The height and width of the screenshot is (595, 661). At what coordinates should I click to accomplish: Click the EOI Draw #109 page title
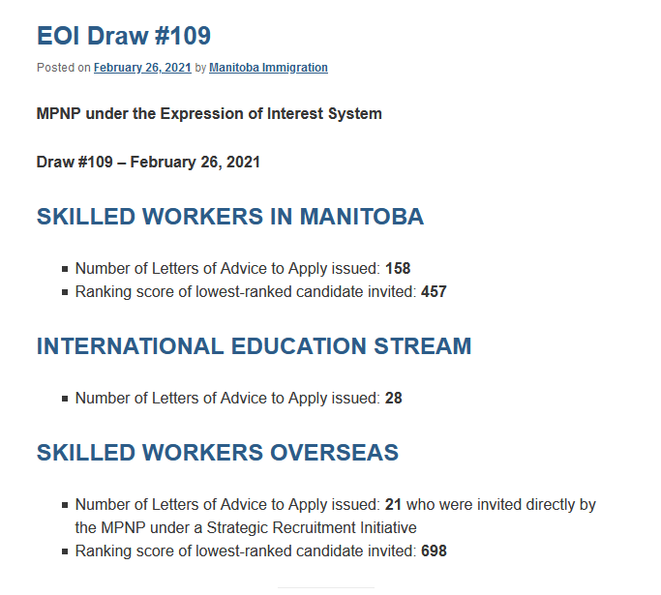(124, 36)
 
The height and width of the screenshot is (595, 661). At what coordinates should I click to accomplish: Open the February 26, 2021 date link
(142, 68)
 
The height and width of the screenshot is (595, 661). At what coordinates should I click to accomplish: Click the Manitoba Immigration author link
(268, 68)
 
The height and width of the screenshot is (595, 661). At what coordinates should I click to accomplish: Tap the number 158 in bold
(398, 268)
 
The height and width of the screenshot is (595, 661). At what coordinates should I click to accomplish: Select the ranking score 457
(434, 291)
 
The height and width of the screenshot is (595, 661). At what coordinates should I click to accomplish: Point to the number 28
(394, 399)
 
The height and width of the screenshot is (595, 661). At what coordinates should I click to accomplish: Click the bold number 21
(393, 504)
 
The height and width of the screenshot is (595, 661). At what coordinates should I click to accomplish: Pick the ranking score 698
(434, 551)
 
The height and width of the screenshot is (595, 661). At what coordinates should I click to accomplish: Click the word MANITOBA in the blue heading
(362, 217)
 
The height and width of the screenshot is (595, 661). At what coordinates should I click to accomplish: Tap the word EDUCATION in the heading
(298, 346)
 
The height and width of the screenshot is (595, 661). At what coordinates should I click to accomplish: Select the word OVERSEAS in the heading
(334, 453)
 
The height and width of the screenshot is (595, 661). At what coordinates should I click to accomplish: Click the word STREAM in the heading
(423, 346)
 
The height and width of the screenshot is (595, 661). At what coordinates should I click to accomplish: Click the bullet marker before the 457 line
(65, 292)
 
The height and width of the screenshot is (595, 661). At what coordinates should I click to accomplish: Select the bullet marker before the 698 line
(65, 551)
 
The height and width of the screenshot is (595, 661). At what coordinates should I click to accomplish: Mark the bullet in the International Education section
(65, 399)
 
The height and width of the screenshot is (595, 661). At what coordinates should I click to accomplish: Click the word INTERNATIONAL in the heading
(130, 346)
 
